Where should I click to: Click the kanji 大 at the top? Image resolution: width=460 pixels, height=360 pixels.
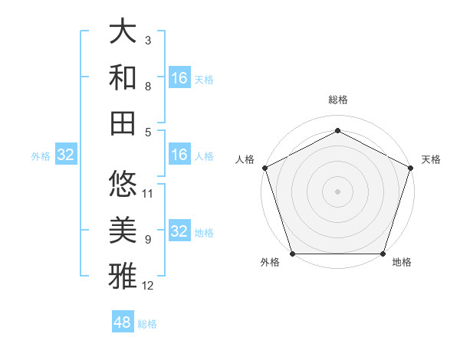tap(123, 33)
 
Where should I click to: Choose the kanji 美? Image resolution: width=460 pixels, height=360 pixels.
tap(123, 230)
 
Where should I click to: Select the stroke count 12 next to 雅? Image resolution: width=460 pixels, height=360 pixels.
tap(148, 286)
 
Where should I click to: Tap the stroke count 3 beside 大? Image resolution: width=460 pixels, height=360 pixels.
tap(148, 40)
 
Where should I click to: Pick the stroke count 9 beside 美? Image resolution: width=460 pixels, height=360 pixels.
tap(148, 240)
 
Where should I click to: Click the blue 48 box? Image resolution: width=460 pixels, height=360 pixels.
tap(123, 322)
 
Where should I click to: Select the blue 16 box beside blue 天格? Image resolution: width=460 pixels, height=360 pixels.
tap(179, 78)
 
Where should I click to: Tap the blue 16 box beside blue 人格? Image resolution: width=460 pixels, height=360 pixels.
tap(179, 155)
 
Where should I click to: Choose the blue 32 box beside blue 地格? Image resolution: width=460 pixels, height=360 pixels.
tap(179, 231)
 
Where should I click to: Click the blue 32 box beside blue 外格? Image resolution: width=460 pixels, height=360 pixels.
tap(66, 155)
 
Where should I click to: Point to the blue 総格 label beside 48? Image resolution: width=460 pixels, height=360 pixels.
tap(147, 324)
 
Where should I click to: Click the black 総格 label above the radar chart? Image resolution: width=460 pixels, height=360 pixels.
tap(337, 100)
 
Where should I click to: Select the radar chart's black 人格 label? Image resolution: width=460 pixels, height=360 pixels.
tap(245, 159)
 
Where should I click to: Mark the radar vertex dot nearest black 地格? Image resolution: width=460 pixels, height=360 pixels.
tap(383, 254)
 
